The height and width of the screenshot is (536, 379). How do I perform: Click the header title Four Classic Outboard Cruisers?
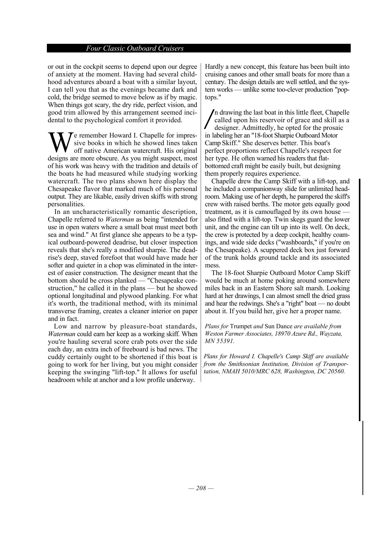[x=135, y=48]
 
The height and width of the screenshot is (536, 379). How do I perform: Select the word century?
[x=215, y=82]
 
